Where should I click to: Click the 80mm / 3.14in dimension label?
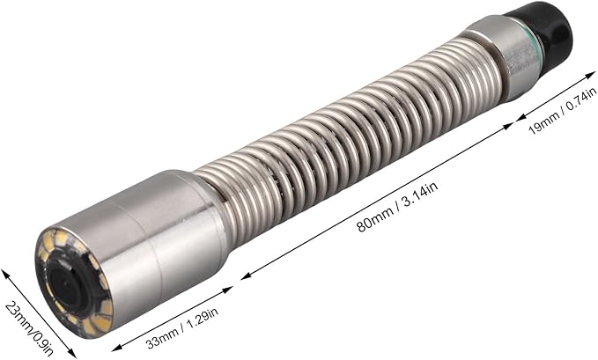[x=397, y=207]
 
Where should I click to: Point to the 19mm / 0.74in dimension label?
[x=562, y=111]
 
